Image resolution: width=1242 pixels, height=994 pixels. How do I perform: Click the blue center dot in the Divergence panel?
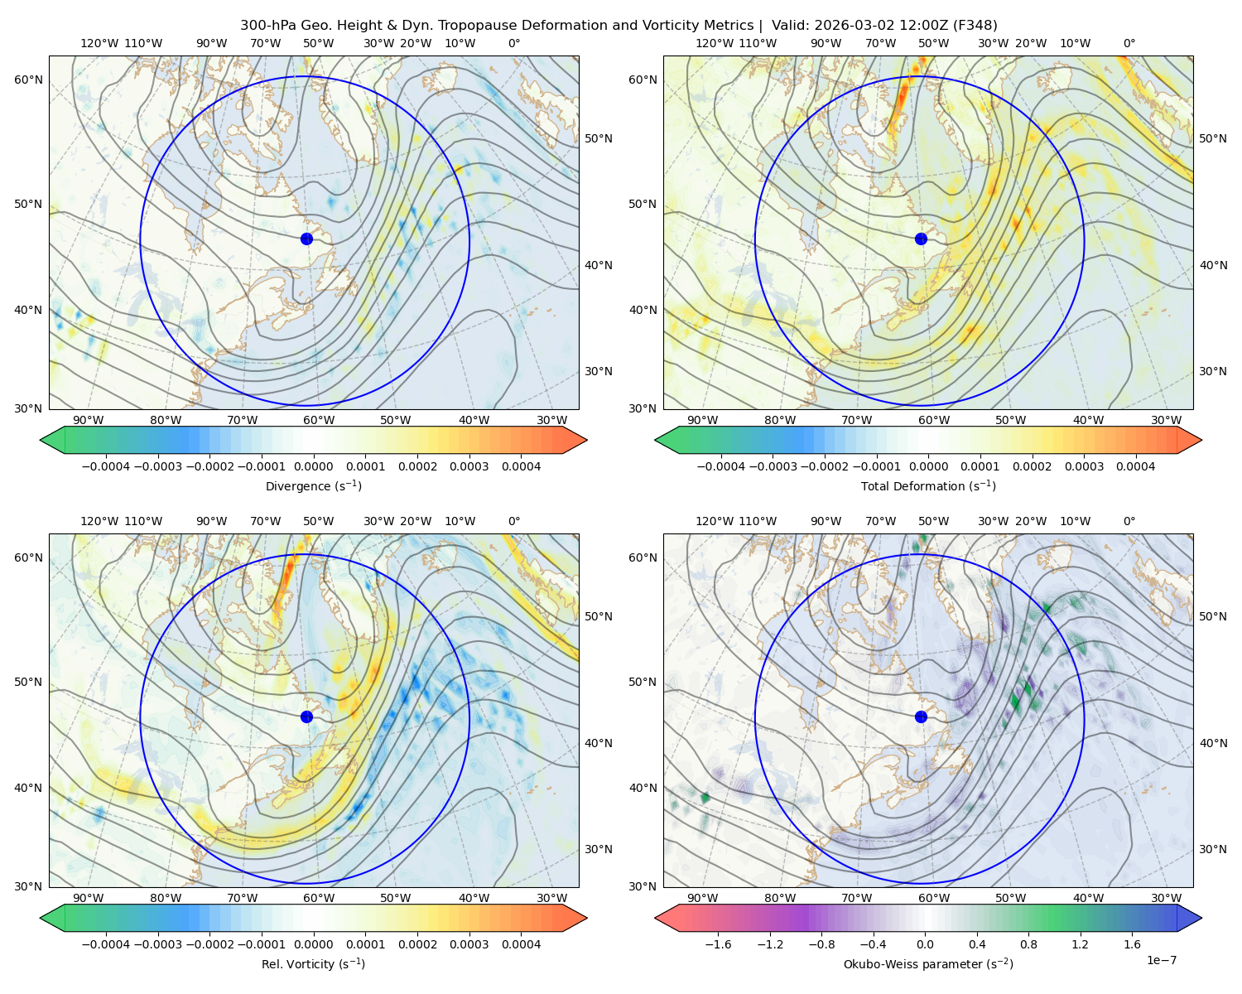[x=306, y=239]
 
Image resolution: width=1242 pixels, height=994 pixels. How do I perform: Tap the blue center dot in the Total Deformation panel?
[x=921, y=239]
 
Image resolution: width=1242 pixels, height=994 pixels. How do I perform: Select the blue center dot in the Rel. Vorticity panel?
[x=306, y=717]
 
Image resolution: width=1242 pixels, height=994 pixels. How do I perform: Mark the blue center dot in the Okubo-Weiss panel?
[x=921, y=717]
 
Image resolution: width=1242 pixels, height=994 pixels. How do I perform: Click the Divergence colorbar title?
[x=313, y=485]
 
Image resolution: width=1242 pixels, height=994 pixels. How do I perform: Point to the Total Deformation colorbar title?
[x=928, y=485]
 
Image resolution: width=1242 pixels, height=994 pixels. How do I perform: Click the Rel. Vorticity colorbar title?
[x=313, y=963]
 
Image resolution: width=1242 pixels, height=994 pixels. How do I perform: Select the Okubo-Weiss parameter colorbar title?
[x=928, y=963]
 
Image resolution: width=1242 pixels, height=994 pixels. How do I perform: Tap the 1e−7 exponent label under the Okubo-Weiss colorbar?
[x=1161, y=960]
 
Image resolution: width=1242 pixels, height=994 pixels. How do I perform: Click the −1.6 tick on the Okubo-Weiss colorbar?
[x=718, y=944]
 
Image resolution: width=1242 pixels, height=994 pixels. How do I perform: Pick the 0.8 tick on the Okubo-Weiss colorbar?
[x=1028, y=944]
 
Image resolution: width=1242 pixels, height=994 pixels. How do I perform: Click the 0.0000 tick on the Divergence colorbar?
[x=313, y=466]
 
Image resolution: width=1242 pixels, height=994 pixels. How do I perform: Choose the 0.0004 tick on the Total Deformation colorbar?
[x=1135, y=466]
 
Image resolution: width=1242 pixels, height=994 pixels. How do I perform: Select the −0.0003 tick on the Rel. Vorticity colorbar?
[x=157, y=944]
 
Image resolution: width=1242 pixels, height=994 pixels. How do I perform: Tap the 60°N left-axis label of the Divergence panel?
[x=28, y=80]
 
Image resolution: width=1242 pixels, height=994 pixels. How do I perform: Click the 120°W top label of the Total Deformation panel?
[x=714, y=43]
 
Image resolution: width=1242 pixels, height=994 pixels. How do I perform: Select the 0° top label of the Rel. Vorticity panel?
[x=514, y=521]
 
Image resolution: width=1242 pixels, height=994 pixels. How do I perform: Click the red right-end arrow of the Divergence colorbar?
[x=575, y=440]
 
